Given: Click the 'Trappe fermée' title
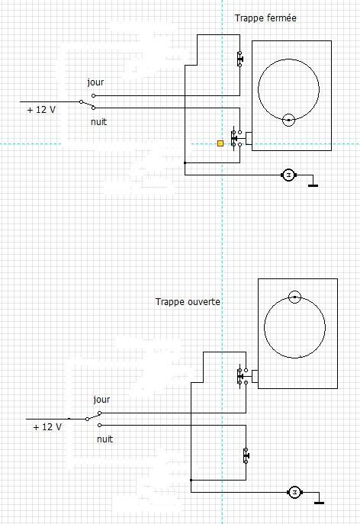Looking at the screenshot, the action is point(265,18).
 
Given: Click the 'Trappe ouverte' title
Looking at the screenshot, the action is point(188,302).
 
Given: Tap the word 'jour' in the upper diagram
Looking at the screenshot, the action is point(95,82).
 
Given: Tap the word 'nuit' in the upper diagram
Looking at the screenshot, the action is point(98,121).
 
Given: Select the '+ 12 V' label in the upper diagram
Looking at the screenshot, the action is point(41,110).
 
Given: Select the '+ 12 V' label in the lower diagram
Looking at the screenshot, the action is point(47,427).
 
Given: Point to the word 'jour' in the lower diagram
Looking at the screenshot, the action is point(101,400).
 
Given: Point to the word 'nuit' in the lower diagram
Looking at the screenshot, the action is point(104,439).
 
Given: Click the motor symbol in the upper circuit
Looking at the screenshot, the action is point(288,175).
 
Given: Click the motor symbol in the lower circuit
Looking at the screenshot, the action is point(294,492).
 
